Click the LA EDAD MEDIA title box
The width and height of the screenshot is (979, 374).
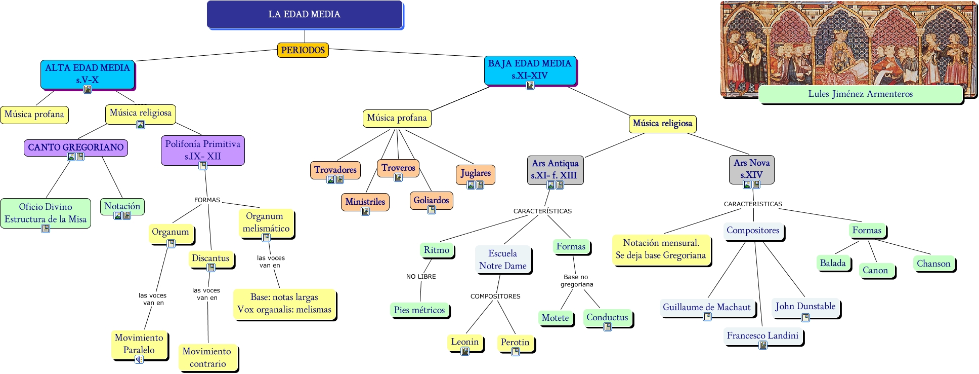pyautogui.click(x=305, y=14)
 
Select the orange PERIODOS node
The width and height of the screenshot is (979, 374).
pyautogui.click(x=303, y=50)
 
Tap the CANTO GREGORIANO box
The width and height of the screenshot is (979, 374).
pyautogui.click(x=76, y=147)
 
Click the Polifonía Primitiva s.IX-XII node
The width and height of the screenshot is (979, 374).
pyautogui.click(x=202, y=150)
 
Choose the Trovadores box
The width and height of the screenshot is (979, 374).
pyautogui.click(x=335, y=170)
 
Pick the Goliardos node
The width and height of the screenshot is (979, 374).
pyautogui.click(x=431, y=200)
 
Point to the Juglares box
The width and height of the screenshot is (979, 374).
pyautogui.click(x=475, y=173)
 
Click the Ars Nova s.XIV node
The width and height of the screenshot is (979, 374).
pyautogui.click(x=751, y=169)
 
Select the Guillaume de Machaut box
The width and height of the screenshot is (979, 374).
pyautogui.click(x=706, y=307)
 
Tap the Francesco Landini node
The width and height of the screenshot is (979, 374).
pyautogui.click(x=762, y=335)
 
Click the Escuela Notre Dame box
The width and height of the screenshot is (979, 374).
pyautogui.click(x=502, y=259)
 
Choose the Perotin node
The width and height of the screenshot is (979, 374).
pyautogui.click(x=515, y=342)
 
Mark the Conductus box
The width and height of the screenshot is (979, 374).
pyautogui.click(x=607, y=317)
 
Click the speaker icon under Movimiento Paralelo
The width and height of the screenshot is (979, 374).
pyautogui.click(x=139, y=359)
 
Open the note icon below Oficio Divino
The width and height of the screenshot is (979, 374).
pyautogui.click(x=46, y=229)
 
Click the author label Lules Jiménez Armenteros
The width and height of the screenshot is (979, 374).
pyautogui.click(x=860, y=94)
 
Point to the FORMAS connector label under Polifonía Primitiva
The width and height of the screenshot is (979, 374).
pyautogui.click(x=207, y=200)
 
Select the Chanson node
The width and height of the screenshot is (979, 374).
pyautogui.click(x=933, y=264)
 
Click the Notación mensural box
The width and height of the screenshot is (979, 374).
pyautogui.click(x=660, y=249)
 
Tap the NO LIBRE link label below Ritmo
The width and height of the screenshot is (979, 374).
pyautogui.click(x=420, y=277)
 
